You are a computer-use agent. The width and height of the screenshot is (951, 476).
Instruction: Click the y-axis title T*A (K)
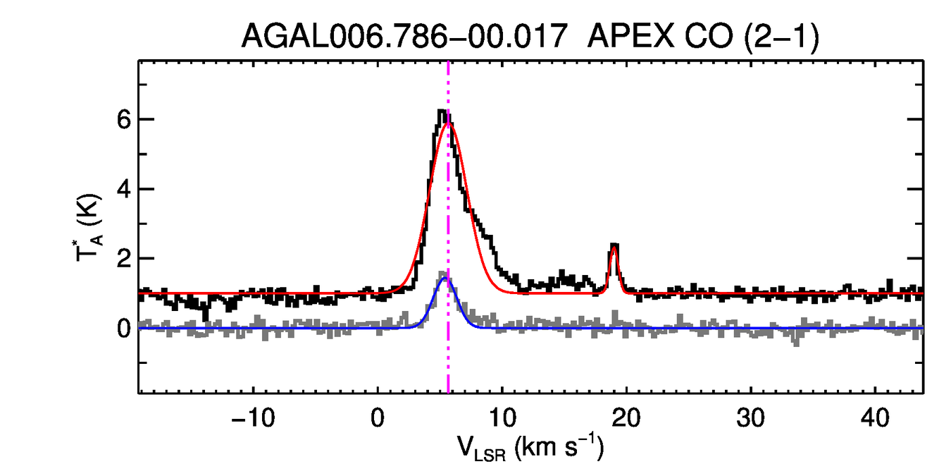click(x=89, y=227)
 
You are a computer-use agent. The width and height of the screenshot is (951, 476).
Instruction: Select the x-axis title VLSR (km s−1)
click(x=531, y=448)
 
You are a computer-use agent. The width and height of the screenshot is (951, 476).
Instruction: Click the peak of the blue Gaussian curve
click(x=445, y=278)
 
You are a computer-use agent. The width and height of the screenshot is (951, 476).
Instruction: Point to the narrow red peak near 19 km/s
click(x=614, y=246)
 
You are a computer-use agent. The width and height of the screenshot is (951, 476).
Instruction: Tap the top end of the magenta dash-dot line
click(x=448, y=63)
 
